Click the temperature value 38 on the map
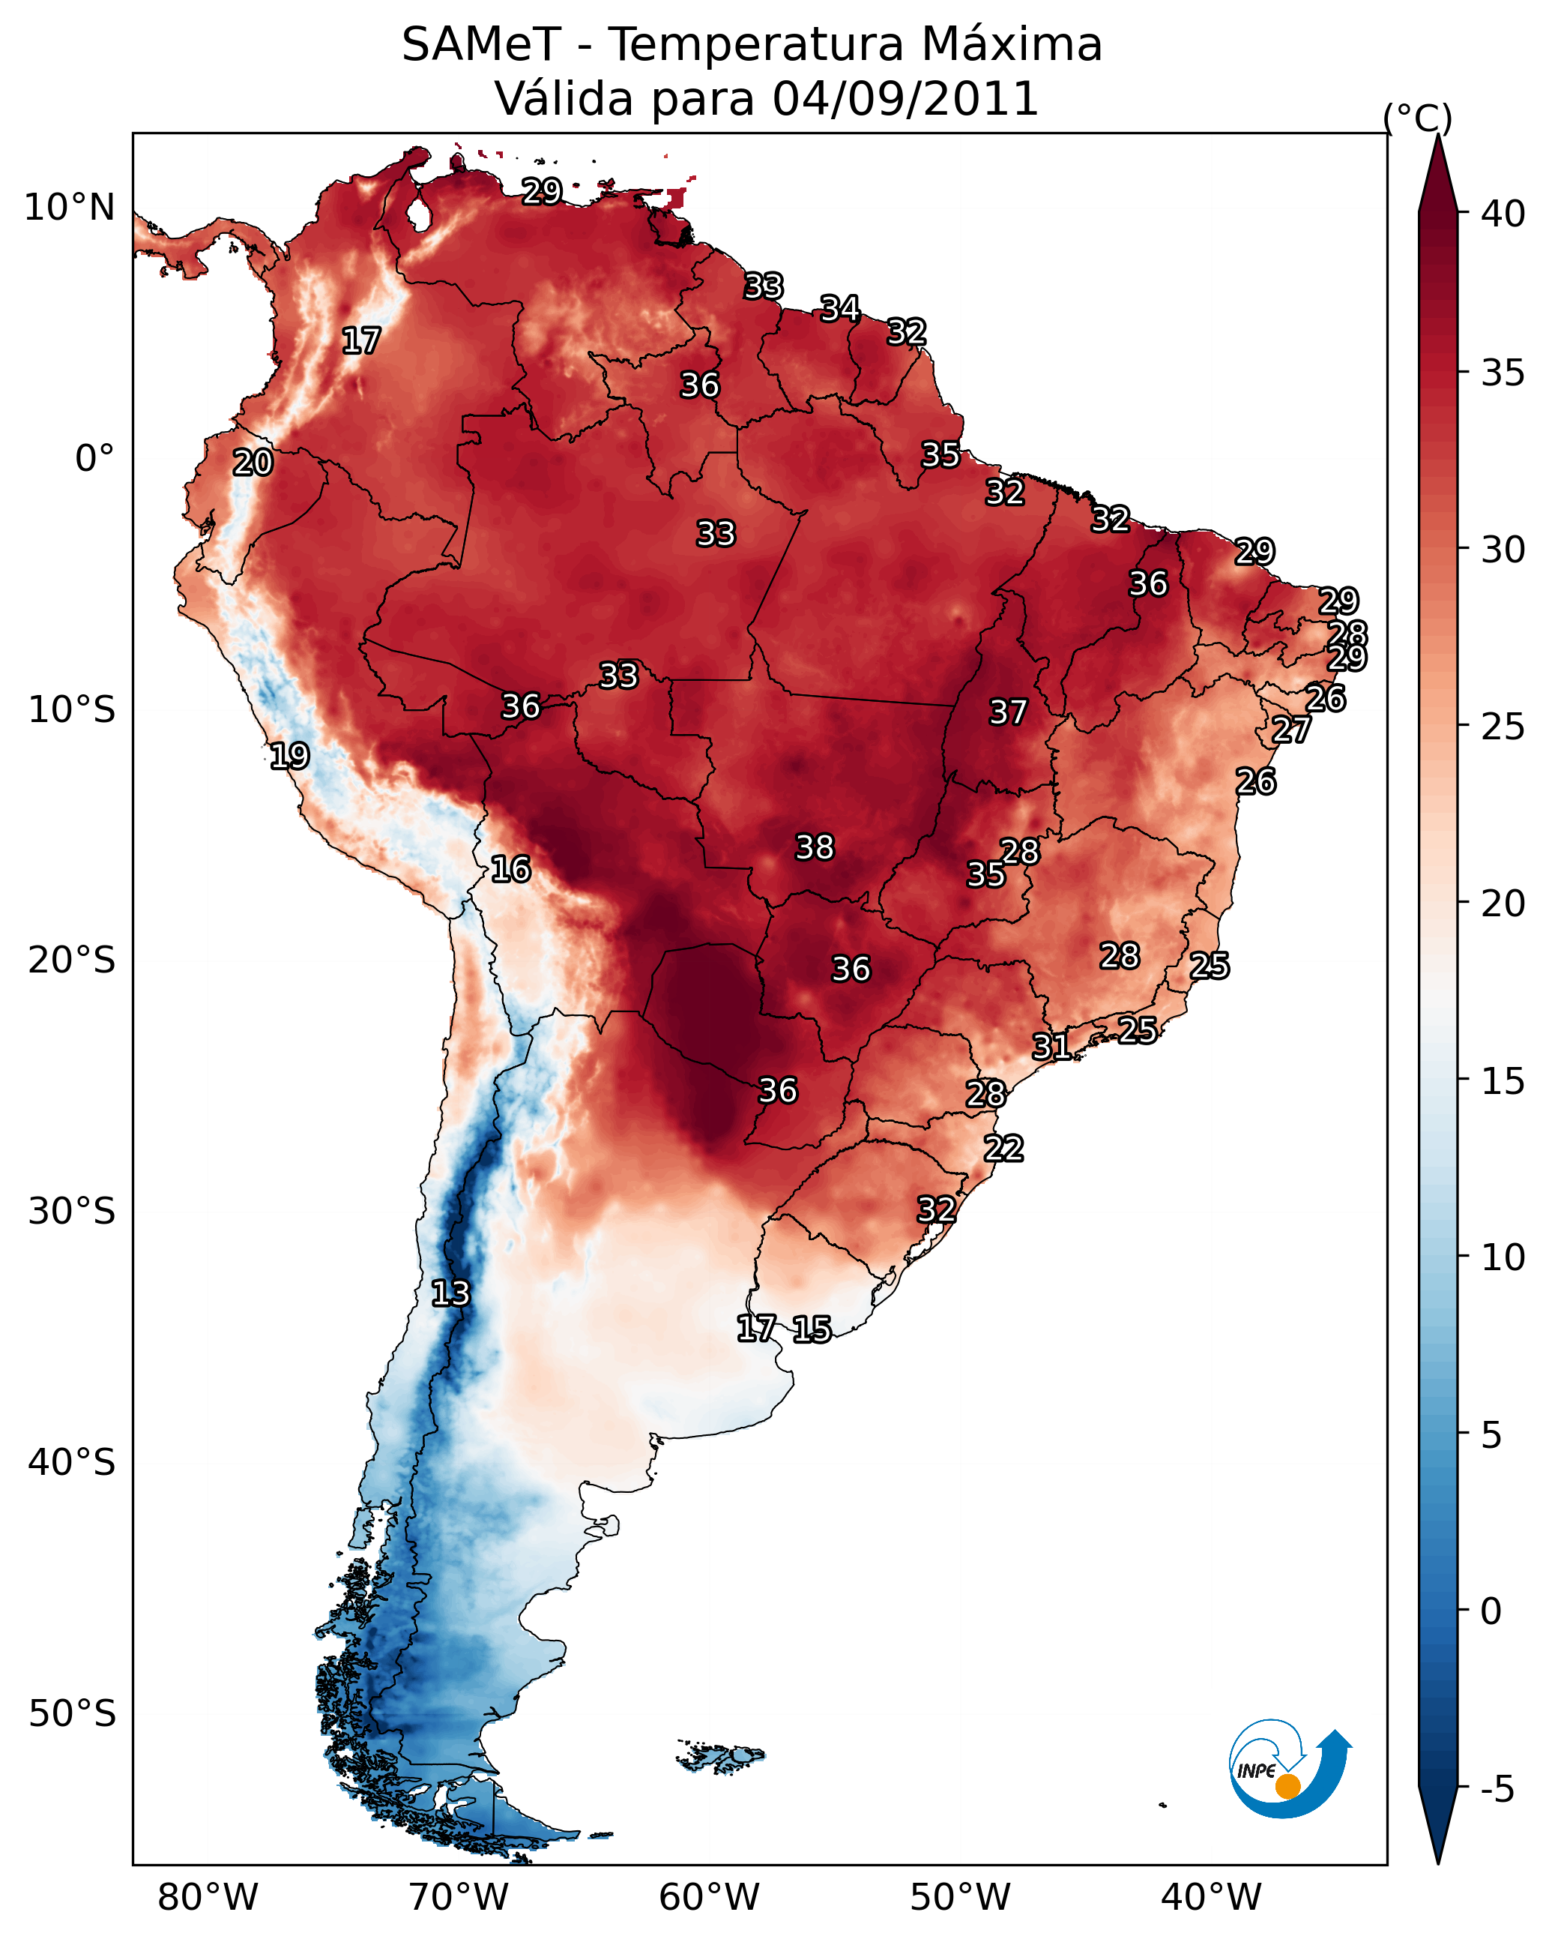815,847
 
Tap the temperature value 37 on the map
1008,712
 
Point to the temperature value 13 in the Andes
450,1293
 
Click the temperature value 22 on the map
1003,1149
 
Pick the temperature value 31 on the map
1051,1046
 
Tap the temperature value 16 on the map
510,869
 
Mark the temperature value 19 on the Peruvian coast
289,756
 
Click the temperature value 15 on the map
812,1329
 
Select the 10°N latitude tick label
69,208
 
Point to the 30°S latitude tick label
72,1212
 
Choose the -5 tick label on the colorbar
1497,1790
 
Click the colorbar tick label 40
1503,214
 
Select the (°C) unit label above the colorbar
1417,118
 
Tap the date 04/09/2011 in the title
905,98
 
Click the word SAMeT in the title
481,45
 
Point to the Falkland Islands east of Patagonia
721,1755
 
